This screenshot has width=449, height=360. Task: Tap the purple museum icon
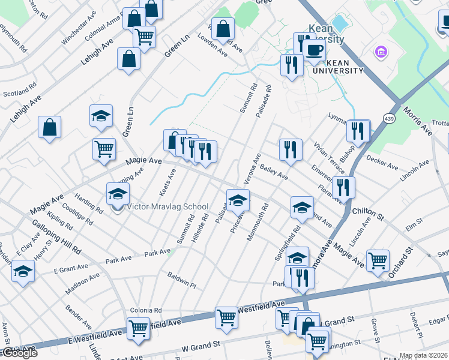[x=380, y=52]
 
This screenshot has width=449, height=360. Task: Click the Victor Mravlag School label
[x=167, y=207]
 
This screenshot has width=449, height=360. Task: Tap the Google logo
[x=19, y=353]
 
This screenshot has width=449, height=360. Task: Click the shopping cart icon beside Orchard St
[x=378, y=260]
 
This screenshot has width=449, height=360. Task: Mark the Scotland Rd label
[x=17, y=94]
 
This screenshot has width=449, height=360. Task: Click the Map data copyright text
[x=424, y=355]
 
